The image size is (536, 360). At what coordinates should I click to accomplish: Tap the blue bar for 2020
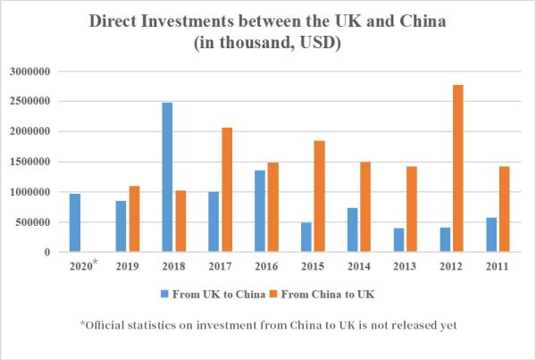coord(75,222)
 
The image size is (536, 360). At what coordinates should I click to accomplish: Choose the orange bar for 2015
coord(319,196)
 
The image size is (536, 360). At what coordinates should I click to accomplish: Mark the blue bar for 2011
coord(491,234)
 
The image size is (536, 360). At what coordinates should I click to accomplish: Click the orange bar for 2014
coord(364,206)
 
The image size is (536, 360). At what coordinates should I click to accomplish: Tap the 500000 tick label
coord(35,222)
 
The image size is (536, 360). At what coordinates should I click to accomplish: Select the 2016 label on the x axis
coord(265,266)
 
